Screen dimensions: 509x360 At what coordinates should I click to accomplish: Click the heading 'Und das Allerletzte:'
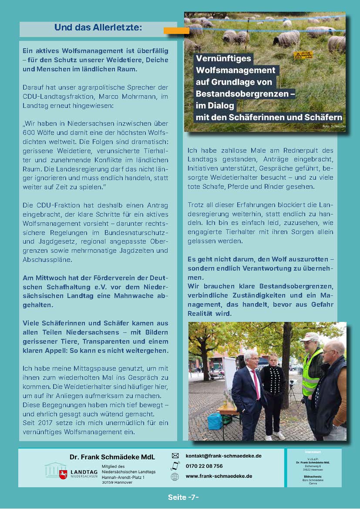coord(98,28)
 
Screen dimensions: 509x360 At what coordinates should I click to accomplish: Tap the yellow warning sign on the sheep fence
coord(303,55)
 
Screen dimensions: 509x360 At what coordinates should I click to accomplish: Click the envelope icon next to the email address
coord(175,455)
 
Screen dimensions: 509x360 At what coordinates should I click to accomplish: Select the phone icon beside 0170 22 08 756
coord(175,465)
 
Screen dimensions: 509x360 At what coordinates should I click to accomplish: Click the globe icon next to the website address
coord(175,476)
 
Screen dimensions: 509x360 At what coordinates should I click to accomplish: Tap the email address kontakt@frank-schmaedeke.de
coord(223,455)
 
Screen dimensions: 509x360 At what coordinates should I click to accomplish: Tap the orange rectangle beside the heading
coord(176,30)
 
